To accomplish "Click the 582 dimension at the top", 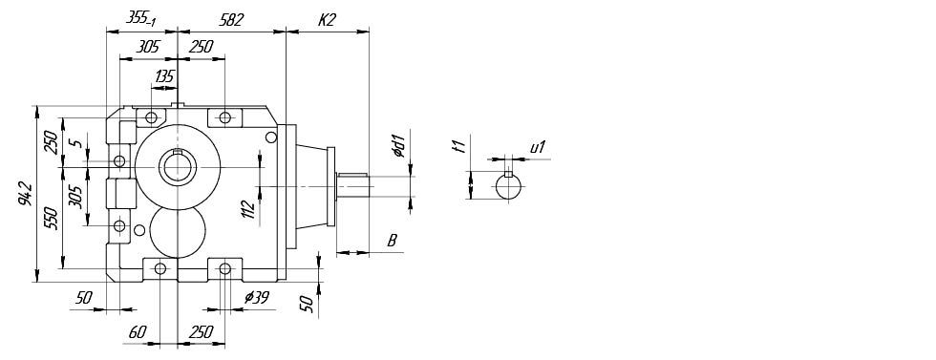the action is click(x=231, y=20).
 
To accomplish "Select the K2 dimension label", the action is click(x=327, y=20).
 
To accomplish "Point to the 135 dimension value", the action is click(x=164, y=76).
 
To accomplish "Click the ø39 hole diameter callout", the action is click(x=257, y=299).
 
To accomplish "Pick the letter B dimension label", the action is click(x=393, y=241).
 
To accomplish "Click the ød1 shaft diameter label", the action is click(x=400, y=146).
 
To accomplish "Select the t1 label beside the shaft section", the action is click(x=459, y=146).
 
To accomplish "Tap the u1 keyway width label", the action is click(x=538, y=147).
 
